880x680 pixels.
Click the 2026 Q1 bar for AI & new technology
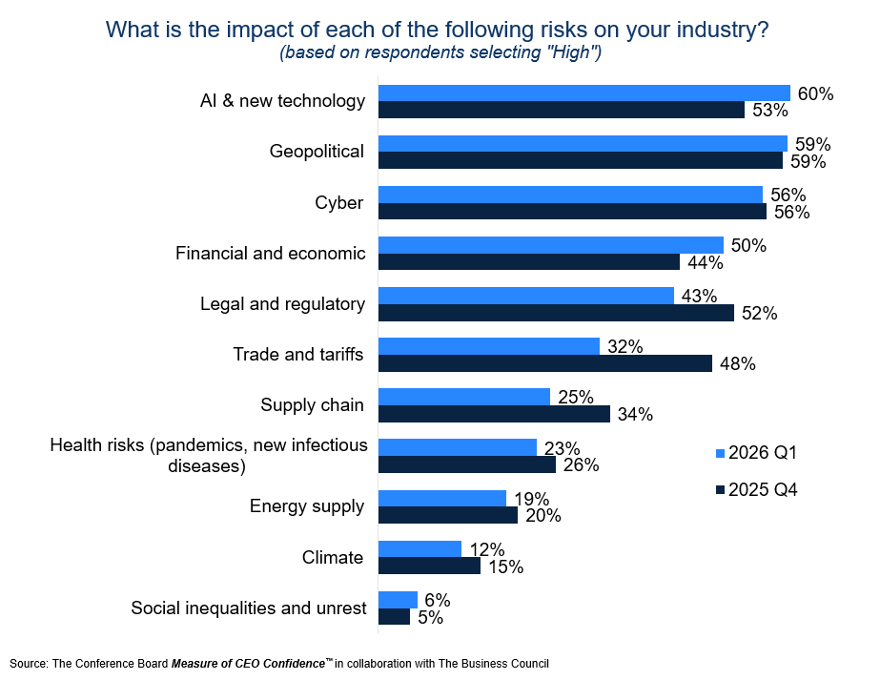click(x=584, y=93)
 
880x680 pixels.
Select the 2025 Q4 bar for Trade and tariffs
click(x=545, y=363)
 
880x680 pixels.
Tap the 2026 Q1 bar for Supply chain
click(x=464, y=397)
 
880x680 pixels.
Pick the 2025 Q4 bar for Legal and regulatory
click(x=557, y=313)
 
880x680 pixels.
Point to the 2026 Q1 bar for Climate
click(x=420, y=549)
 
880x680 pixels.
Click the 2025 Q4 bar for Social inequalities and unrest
click(x=395, y=617)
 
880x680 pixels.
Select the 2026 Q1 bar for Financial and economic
click(x=551, y=245)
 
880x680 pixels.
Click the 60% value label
click(x=815, y=93)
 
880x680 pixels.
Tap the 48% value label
click(x=737, y=363)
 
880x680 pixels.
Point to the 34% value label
click(x=634, y=414)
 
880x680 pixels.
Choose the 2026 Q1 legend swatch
click(x=719, y=453)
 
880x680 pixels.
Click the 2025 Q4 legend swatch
click(x=719, y=491)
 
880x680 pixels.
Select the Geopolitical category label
click(x=317, y=152)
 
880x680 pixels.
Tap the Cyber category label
click(x=339, y=202)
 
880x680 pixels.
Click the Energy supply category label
click(x=307, y=506)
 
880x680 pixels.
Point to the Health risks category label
click(x=208, y=455)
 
